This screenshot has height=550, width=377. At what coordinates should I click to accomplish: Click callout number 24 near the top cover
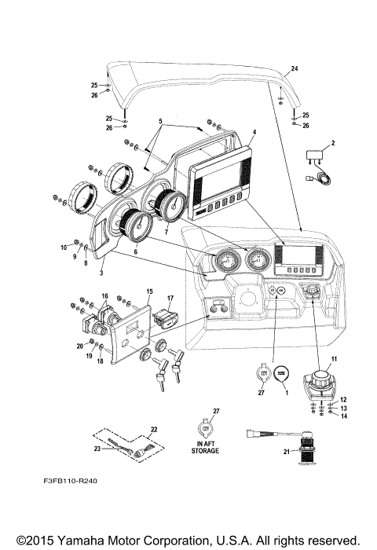[295, 69]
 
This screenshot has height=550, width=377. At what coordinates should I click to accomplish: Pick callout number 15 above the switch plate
[148, 291]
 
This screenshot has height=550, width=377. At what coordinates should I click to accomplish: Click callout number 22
[154, 428]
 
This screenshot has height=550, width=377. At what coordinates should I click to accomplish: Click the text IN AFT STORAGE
[207, 449]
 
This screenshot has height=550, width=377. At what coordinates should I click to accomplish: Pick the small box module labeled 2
[317, 155]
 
